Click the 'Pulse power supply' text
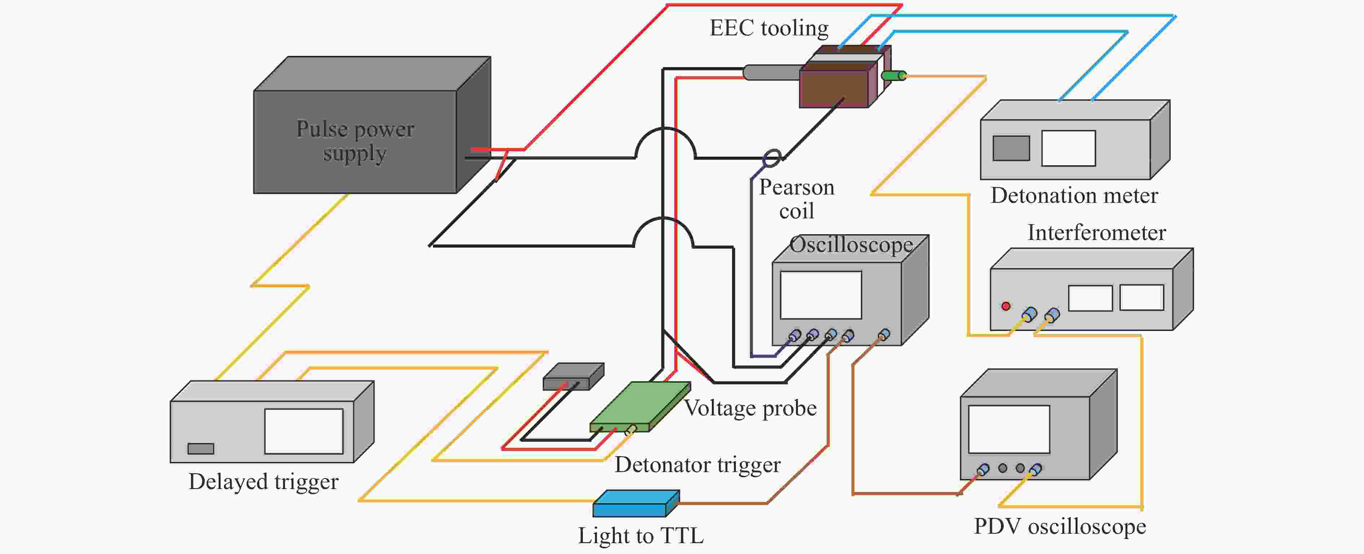pos(355,141)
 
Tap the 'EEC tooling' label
pos(769,28)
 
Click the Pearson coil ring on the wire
pos(772,157)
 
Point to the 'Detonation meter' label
pos(1074,196)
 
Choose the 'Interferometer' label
pos(1097,232)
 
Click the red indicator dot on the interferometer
pos(1006,306)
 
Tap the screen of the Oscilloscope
pos(821,295)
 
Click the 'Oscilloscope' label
pos(851,245)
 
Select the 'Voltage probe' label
pos(750,408)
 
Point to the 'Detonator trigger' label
pos(698,464)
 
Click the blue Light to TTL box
pos(635,503)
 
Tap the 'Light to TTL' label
pos(641,536)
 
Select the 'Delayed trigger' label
pos(263,481)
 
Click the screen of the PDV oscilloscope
pos(1009,429)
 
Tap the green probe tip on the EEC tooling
pos(894,76)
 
